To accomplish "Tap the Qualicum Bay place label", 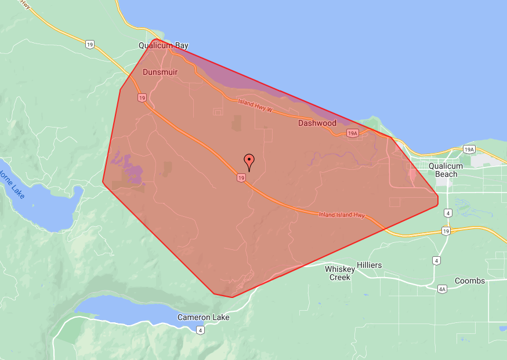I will point(164,45).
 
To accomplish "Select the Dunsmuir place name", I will point(160,72).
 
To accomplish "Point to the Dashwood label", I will point(317,123).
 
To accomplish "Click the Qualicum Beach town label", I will point(447,170).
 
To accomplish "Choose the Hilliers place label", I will point(370,265).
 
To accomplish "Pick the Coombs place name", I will point(470,281).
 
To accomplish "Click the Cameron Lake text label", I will point(203,317).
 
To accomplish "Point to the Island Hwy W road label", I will point(255,106).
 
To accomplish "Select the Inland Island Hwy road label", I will point(342,215).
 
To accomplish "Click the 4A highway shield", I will point(442,288).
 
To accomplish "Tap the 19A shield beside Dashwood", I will point(352,133).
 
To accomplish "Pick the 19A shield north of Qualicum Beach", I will point(469,149).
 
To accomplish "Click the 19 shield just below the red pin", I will point(240,178).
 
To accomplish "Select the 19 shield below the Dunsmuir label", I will point(142,98).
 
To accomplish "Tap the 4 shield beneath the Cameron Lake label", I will point(200,330).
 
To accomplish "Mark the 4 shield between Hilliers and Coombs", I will point(436,260).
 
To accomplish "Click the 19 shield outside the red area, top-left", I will point(89,43).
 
